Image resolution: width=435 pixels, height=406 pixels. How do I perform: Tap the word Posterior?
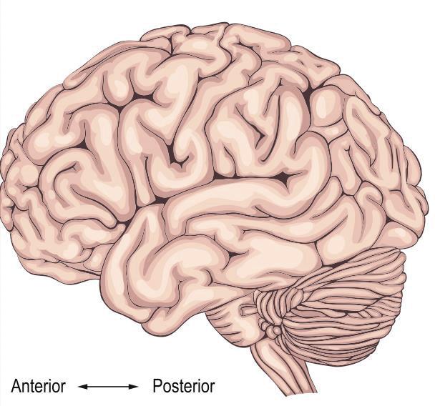[x=183, y=387]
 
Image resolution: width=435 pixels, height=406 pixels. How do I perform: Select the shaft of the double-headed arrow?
[x=108, y=387]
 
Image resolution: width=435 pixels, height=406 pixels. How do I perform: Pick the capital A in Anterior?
[x=16, y=387]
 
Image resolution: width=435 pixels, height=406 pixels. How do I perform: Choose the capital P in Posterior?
[x=157, y=387]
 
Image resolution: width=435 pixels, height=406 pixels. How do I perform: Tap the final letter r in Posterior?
[x=212, y=387]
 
